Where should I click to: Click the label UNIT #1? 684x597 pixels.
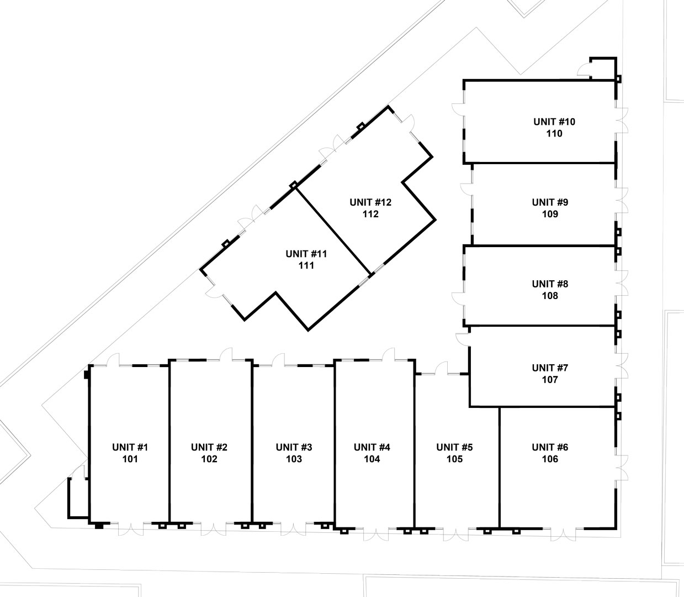tap(130, 447)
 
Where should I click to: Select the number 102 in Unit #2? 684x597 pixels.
tap(209, 459)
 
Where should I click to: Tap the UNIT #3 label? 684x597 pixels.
tap(294, 447)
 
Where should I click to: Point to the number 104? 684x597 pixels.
tap(372, 459)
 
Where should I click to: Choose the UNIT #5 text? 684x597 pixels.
tap(454, 447)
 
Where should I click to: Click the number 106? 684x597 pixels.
tap(550, 459)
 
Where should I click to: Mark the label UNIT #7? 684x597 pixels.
tap(550, 368)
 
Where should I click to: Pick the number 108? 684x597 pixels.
tap(550, 296)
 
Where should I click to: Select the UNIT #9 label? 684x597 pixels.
tap(550, 202)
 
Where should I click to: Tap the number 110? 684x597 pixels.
tap(554, 134)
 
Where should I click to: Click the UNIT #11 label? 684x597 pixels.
tap(306, 254)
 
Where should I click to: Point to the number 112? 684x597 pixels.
tap(370, 214)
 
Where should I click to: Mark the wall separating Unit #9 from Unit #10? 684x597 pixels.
tap(544, 163)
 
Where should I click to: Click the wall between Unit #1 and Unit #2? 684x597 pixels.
tap(169, 442)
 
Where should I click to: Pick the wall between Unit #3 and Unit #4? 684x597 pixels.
tap(335, 442)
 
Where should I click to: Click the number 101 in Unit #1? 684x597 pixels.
tap(130, 459)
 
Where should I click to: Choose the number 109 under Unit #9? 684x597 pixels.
tap(550, 214)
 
